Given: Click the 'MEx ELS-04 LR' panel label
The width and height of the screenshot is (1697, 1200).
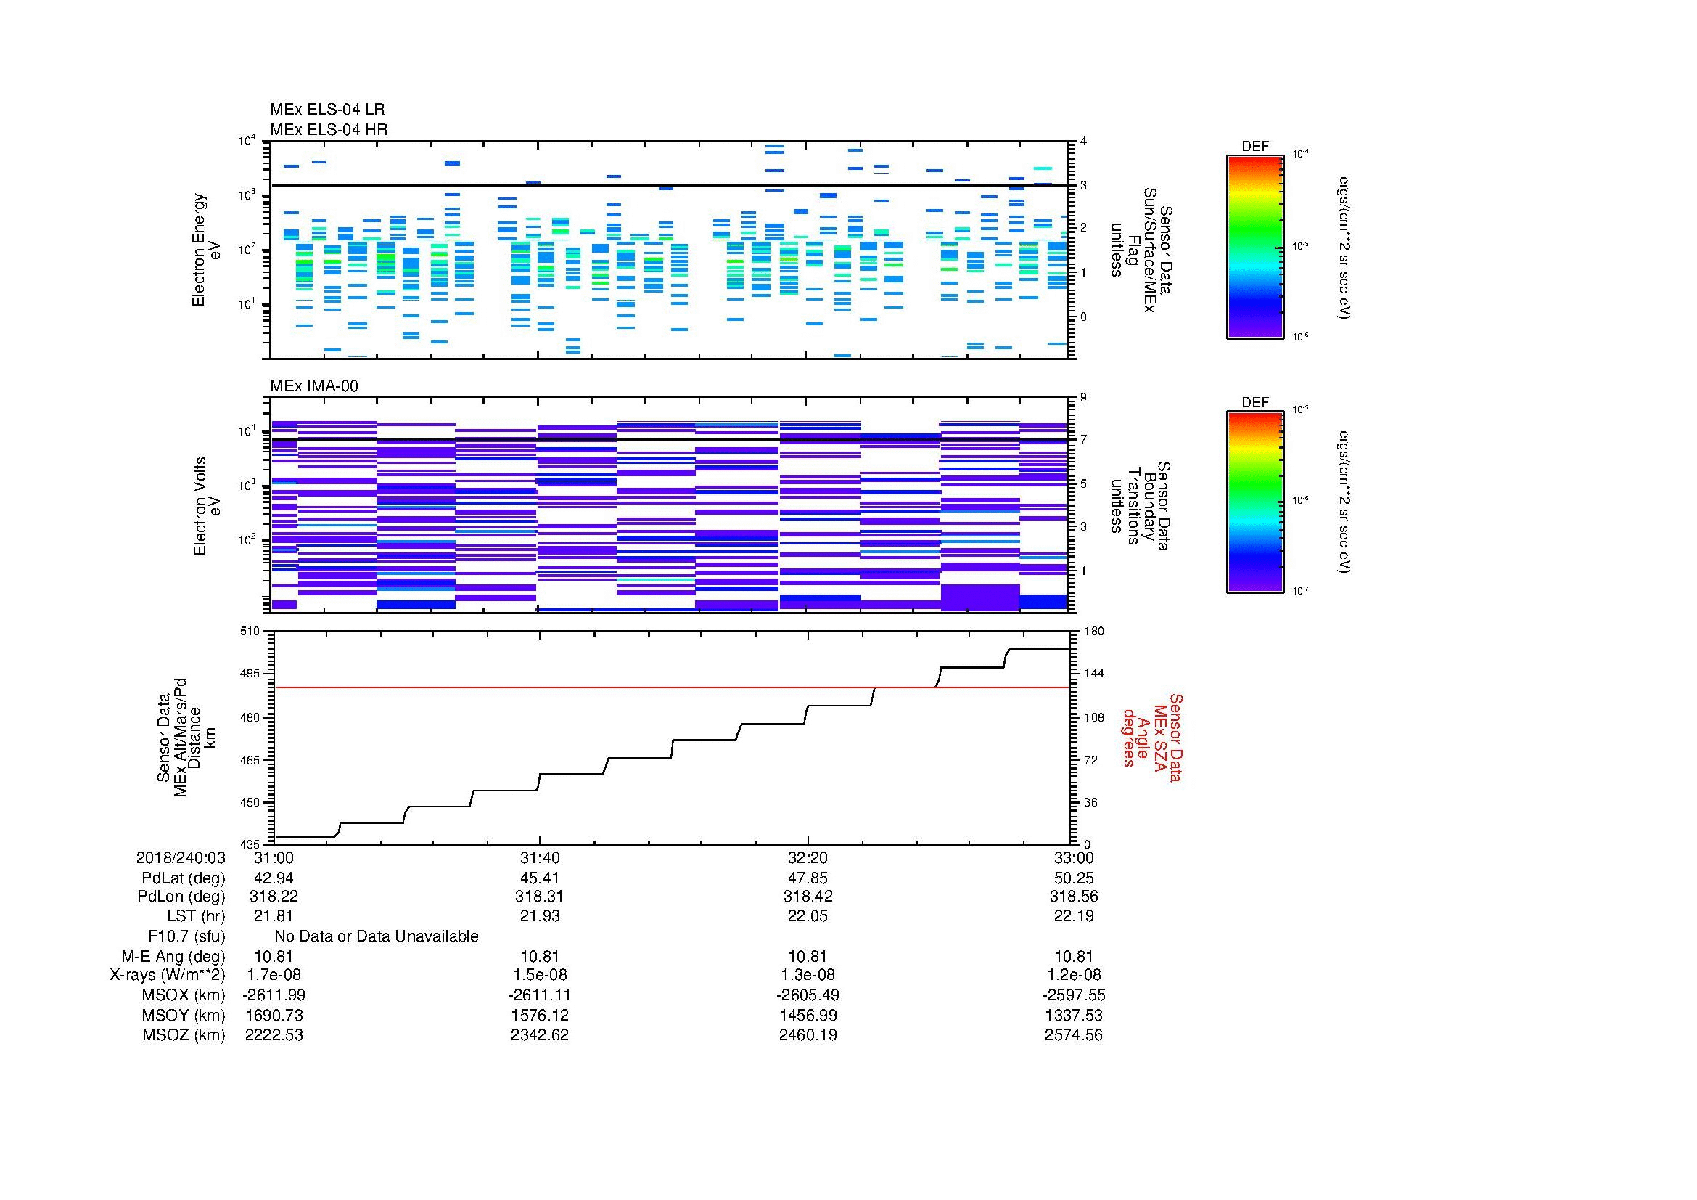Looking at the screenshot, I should click(x=326, y=110).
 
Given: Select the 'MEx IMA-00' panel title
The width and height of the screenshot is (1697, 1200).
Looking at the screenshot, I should click(x=313, y=386).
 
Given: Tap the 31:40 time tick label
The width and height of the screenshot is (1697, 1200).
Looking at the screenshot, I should click(x=540, y=857).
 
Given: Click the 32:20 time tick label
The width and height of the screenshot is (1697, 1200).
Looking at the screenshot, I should click(x=808, y=857).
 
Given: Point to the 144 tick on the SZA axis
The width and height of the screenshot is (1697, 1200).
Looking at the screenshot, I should click(x=1093, y=674).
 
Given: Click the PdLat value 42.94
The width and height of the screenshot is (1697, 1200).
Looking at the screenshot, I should click(x=274, y=878).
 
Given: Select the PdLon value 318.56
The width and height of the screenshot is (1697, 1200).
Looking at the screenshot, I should click(x=1073, y=896).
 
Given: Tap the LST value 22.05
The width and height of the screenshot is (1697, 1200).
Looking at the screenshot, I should click(x=808, y=916).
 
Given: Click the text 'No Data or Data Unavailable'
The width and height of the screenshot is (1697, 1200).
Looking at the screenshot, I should click(x=377, y=936).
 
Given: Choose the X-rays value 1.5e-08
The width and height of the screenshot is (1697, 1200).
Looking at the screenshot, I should click(x=540, y=975).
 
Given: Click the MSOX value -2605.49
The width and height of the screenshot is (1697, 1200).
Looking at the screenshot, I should click(x=808, y=995).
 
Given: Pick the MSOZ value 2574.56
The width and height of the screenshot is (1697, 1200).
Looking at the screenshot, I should click(x=1073, y=1035).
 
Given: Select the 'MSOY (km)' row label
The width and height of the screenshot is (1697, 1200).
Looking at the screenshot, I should click(x=184, y=1015).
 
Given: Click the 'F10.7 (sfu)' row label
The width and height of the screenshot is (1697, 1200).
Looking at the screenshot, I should click(x=186, y=936).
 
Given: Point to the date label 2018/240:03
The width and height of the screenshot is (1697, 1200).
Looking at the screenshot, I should click(x=181, y=857).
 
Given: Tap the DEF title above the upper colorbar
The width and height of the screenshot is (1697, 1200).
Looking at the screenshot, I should click(x=1255, y=147).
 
